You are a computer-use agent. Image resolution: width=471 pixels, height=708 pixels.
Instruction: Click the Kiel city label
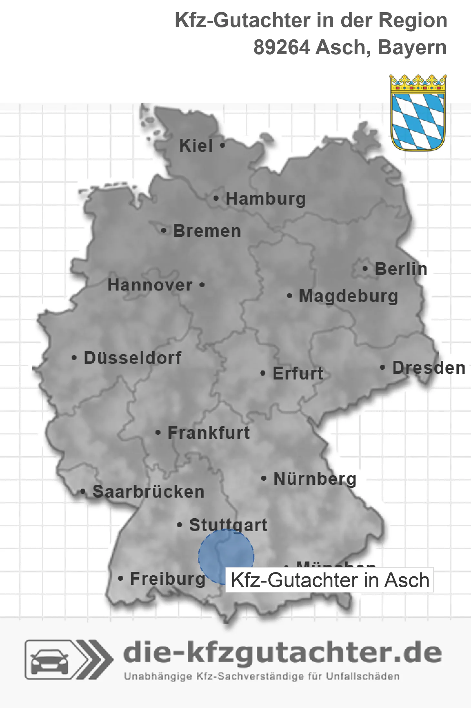tap(196, 146)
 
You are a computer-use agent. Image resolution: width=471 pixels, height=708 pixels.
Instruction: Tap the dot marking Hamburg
tap(216, 198)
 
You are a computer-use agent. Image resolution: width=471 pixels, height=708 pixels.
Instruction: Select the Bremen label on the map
tap(207, 231)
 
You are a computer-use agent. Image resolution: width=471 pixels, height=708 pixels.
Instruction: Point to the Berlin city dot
tap(365, 268)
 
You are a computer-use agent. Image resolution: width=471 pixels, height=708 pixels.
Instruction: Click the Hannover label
tap(150, 285)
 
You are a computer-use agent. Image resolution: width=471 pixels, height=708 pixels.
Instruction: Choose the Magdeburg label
tap(348, 296)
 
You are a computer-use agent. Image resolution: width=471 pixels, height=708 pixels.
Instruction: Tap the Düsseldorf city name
tap(133, 358)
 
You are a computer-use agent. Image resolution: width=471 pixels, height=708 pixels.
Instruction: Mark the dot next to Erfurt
tap(263, 373)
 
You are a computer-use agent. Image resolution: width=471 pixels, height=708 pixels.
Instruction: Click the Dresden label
tap(429, 368)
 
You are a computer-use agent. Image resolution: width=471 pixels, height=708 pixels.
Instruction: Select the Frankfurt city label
tap(209, 433)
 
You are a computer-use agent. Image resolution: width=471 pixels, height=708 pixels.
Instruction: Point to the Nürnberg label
tap(315, 479)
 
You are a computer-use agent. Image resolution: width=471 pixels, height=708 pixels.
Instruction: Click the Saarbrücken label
tap(148, 492)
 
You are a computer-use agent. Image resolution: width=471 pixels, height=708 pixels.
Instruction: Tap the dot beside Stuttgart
tap(180, 525)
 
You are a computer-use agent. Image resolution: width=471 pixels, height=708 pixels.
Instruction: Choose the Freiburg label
tap(168, 579)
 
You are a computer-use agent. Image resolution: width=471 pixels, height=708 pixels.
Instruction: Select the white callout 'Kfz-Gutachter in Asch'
tap(330, 580)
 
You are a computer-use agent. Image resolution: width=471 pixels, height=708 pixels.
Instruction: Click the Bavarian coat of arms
tap(418, 113)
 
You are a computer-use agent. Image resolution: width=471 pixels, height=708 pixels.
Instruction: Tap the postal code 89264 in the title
tap(282, 48)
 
